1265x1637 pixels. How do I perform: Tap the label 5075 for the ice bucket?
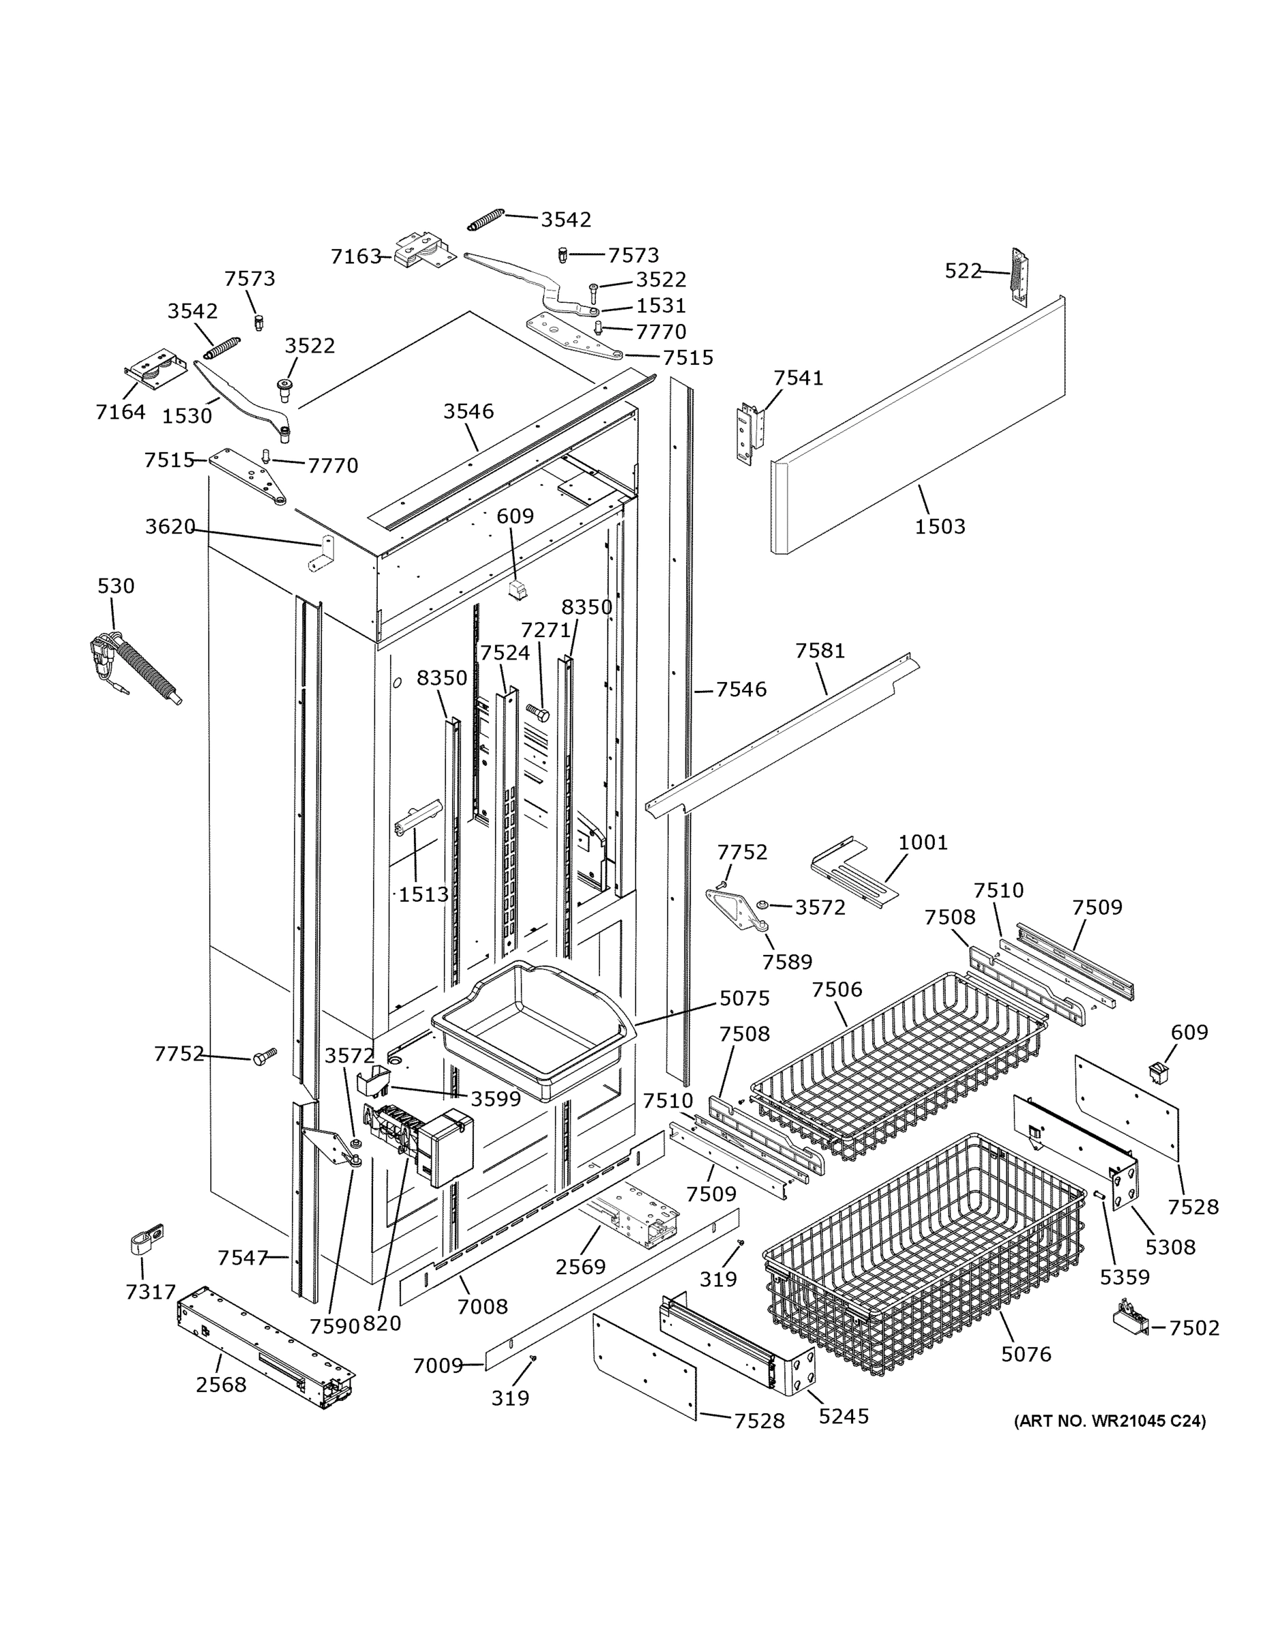click(x=744, y=998)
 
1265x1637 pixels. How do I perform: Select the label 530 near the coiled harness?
click(x=116, y=585)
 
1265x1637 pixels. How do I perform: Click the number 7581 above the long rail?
click(x=820, y=651)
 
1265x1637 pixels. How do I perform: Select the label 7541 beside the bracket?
click(x=798, y=378)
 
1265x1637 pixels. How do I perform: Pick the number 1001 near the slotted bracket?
click(x=923, y=842)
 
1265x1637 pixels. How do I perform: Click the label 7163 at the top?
click(x=356, y=256)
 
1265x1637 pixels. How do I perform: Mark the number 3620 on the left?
click(x=170, y=527)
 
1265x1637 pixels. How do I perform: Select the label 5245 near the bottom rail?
click(x=843, y=1416)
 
